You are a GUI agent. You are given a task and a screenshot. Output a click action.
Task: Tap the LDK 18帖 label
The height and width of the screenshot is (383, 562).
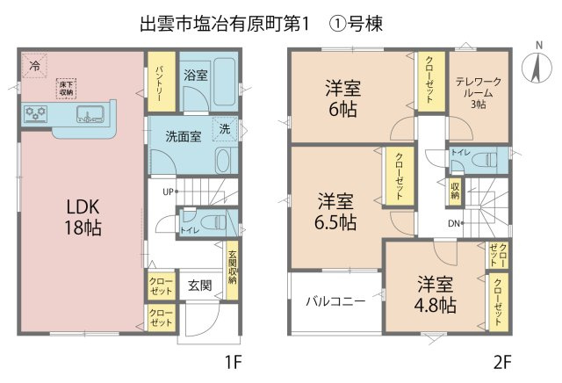click(x=83, y=217)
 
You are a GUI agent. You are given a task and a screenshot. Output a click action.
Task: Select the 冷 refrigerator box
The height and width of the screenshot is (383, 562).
click(x=34, y=66)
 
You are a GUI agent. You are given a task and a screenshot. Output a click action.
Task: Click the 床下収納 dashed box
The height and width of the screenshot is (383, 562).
click(x=67, y=88)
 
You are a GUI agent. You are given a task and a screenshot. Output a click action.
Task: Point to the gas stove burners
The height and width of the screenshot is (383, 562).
click(x=35, y=114)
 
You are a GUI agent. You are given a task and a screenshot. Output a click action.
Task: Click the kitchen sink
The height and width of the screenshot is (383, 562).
click(x=90, y=114)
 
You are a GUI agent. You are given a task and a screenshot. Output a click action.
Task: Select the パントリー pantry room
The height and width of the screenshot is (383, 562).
click(x=162, y=82)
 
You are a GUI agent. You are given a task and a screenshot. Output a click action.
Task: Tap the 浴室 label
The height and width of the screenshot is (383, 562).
click(x=196, y=76)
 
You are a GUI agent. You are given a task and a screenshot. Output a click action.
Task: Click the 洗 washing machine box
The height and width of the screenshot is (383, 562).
click(x=225, y=128)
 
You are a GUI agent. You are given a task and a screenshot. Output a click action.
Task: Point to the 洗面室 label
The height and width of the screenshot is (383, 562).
click(x=184, y=136)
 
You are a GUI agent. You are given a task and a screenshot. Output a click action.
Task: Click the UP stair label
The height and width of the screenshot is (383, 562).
click(x=168, y=191)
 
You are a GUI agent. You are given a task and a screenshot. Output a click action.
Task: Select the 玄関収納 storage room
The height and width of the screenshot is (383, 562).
click(x=232, y=270)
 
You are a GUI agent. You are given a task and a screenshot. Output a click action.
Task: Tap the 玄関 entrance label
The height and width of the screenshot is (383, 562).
click(x=200, y=285)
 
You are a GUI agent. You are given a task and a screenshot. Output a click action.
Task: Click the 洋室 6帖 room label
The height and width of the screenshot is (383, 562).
click(x=343, y=98)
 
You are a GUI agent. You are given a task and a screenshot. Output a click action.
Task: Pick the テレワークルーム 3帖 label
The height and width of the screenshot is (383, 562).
click(x=478, y=93)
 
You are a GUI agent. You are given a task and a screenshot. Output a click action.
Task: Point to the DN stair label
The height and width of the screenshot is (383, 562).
click(x=454, y=223)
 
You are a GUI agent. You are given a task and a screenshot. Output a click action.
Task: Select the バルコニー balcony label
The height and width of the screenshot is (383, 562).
click(x=335, y=301)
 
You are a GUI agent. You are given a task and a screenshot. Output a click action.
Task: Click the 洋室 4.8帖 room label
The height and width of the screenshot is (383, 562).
click(x=436, y=294)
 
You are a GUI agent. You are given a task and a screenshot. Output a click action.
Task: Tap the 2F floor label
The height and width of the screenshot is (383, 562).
click(x=501, y=362)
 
